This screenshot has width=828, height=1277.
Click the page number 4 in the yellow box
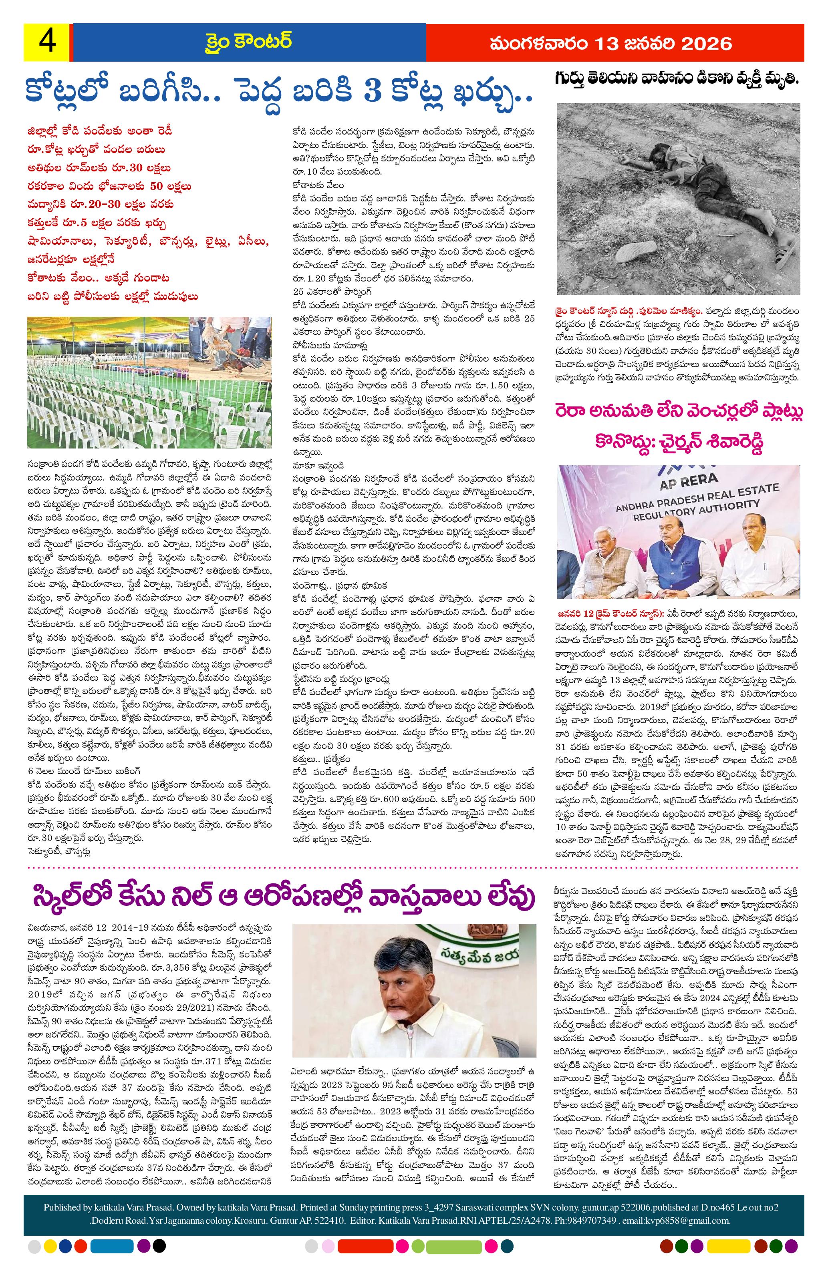click(46, 42)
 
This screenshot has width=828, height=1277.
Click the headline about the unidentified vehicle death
click(677, 79)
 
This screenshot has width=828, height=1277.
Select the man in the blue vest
click(676, 561)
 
